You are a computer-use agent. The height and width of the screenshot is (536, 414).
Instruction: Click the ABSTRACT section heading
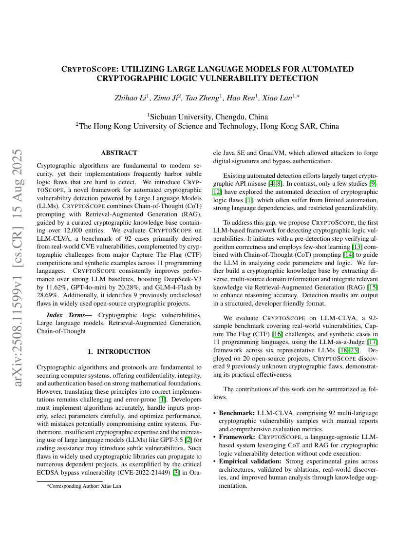coord(119,153)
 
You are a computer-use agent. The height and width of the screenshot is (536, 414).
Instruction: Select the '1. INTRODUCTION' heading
coord(119,351)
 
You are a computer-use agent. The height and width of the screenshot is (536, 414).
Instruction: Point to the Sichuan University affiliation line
coord(207,116)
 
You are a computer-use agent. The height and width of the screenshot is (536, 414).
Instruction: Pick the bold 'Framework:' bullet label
coord(237,437)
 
